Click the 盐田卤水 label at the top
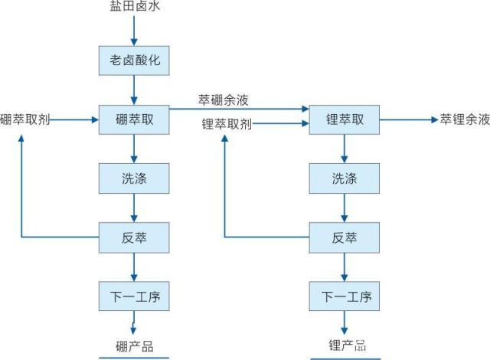(134, 8)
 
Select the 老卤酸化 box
(134, 59)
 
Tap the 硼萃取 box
(134, 119)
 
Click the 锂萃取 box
(344, 119)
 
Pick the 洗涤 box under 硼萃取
(134, 178)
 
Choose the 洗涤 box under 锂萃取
(344, 178)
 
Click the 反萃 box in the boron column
(134, 237)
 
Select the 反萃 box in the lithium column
(344, 237)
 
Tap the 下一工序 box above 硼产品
(134, 296)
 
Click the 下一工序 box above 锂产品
(344, 296)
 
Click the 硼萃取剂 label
(25, 120)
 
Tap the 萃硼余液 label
(223, 100)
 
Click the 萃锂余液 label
(464, 120)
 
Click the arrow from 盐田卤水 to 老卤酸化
(134, 29)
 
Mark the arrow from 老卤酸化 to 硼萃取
(134, 90)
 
